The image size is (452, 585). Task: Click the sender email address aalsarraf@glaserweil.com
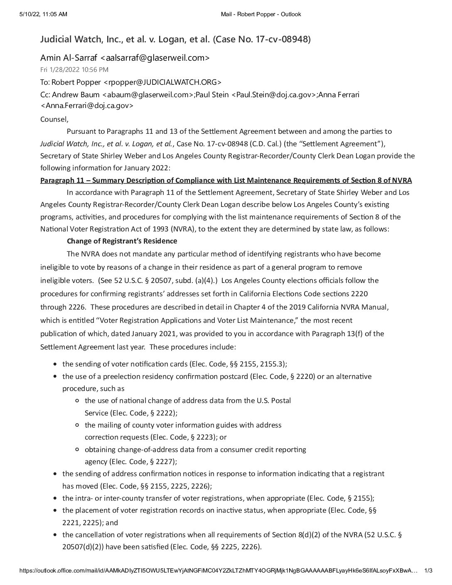click(x=155, y=58)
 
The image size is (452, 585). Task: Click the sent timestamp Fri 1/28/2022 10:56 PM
click(x=74, y=70)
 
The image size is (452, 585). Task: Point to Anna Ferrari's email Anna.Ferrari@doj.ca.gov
click(x=87, y=106)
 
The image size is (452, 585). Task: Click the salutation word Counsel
click(x=54, y=119)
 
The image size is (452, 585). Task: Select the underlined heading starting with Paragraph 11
click(x=226, y=180)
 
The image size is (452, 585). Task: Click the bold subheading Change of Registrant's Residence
click(x=122, y=241)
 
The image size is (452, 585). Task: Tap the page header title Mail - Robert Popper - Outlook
click(x=261, y=15)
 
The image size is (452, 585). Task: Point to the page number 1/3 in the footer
click(x=428, y=571)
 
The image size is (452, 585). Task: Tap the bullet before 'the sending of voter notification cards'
click(x=56, y=364)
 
